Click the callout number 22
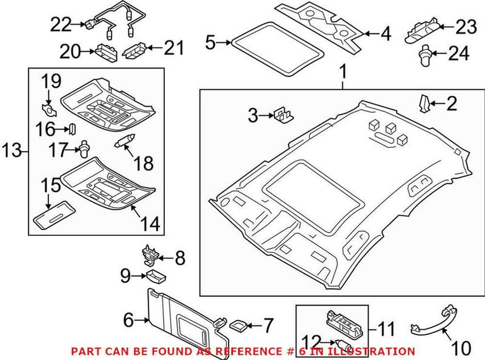click(61, 25)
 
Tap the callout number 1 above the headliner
click(342, 73)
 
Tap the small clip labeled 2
click(424, 104)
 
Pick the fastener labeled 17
click(85, 147)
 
